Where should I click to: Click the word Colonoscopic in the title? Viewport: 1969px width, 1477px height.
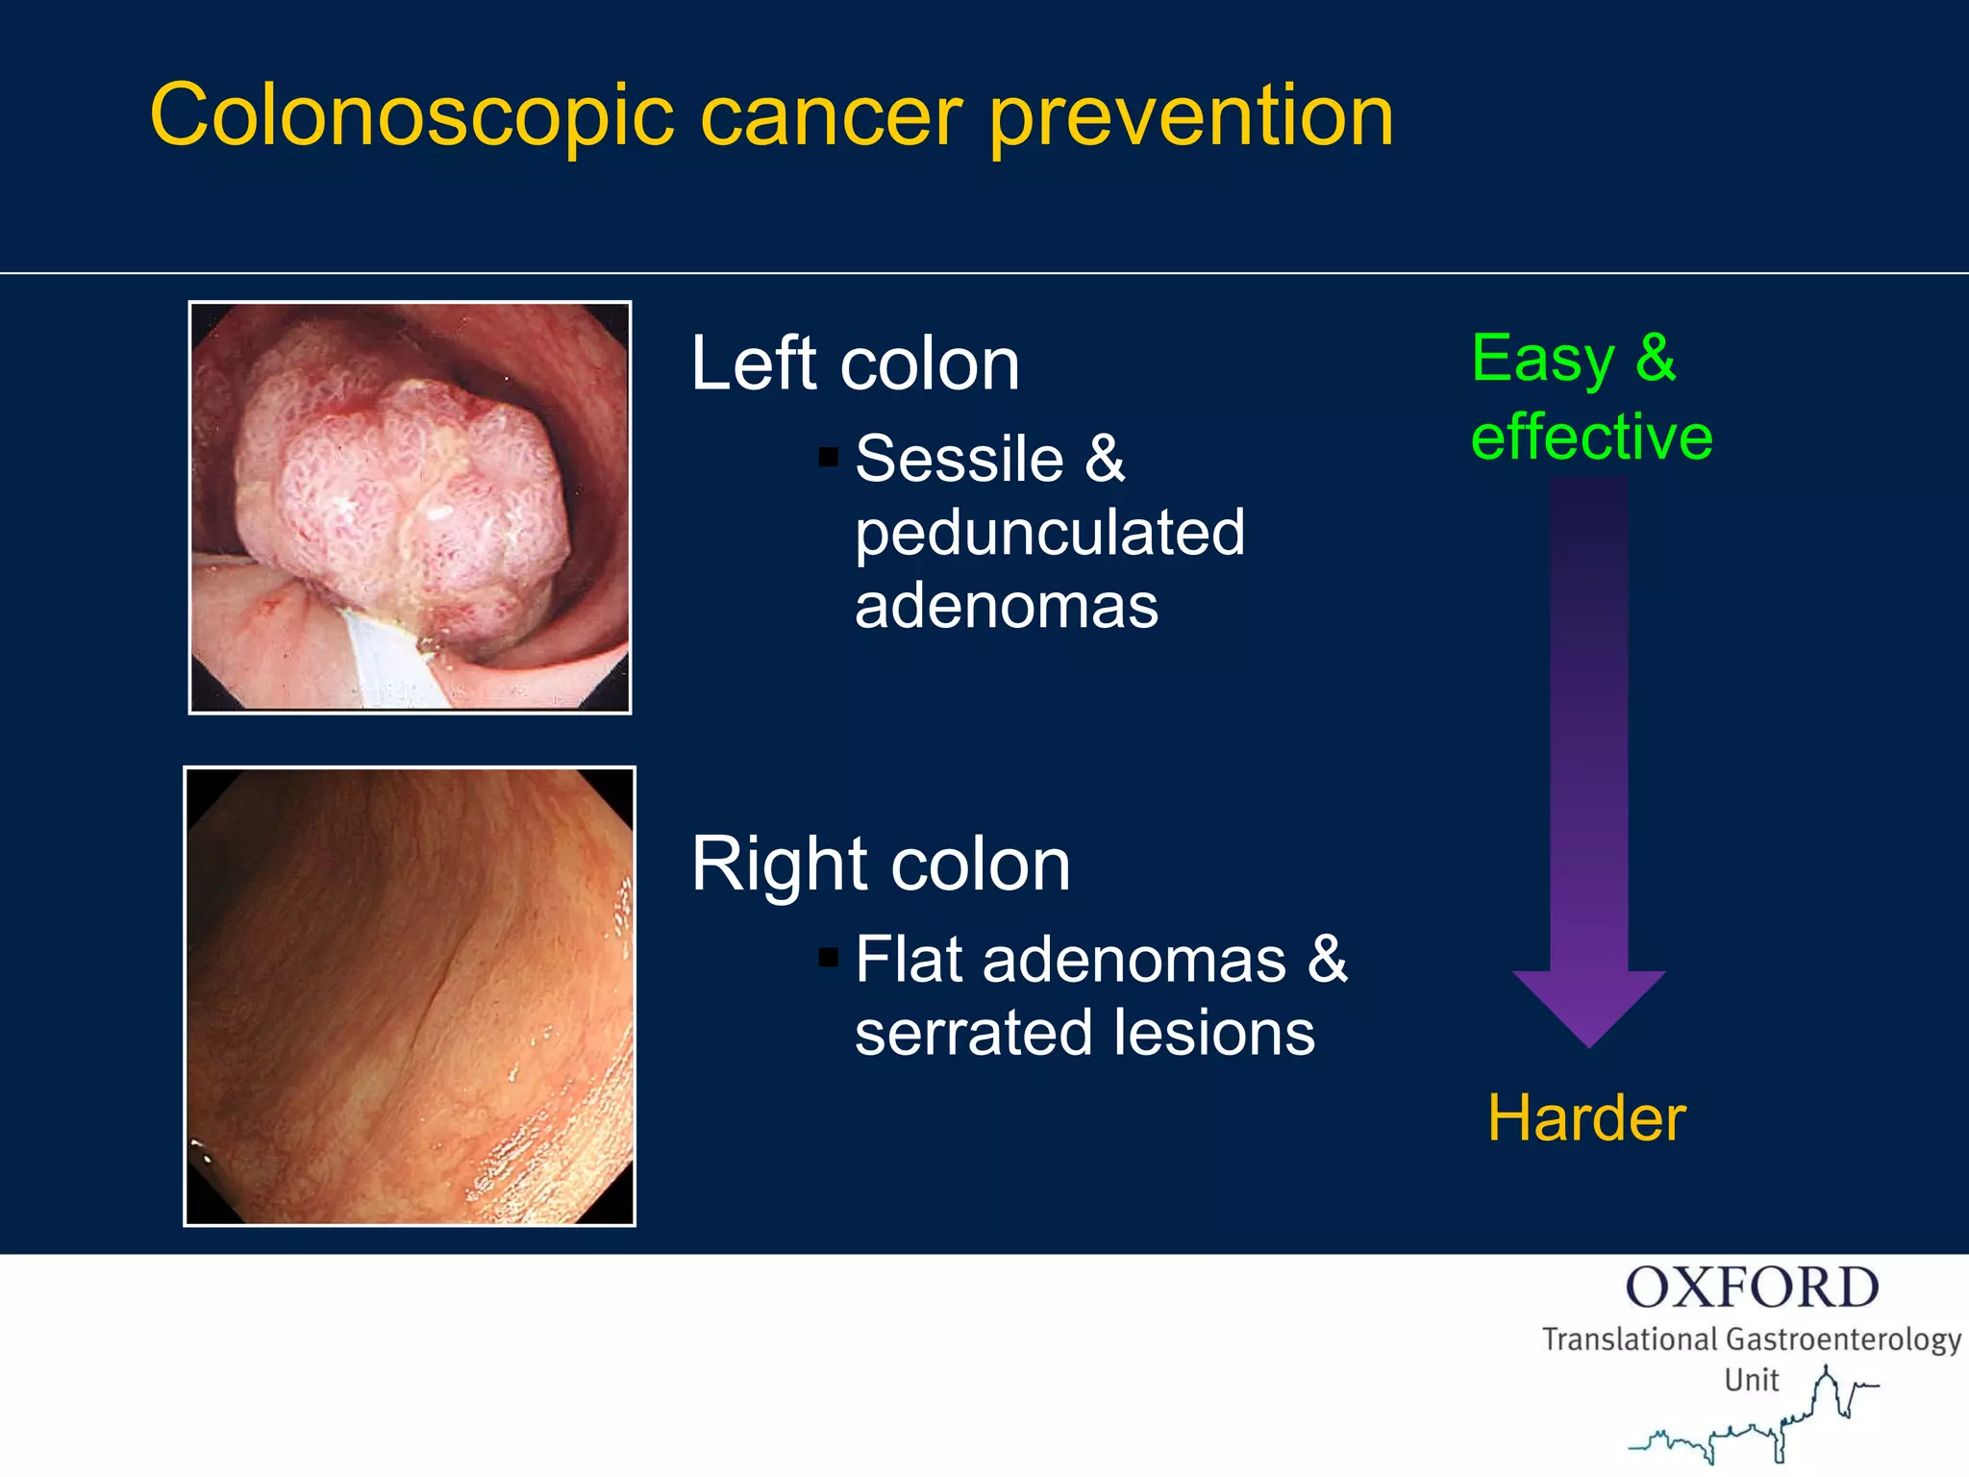click(412, 116)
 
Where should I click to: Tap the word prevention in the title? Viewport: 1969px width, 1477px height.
click(1191, 116)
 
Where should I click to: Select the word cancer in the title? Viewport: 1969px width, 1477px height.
click(831, 118)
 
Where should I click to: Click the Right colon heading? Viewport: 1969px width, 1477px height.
click(880, 864)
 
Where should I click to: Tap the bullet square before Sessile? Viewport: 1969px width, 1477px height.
click(828, 456)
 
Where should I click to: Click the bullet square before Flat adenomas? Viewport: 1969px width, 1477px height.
click(828, 957)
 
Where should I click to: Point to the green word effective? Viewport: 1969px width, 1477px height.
click(1591, 437)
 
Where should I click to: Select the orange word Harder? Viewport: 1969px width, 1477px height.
click(1586, 1118)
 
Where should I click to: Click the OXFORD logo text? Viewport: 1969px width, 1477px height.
click(1752, 1288)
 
